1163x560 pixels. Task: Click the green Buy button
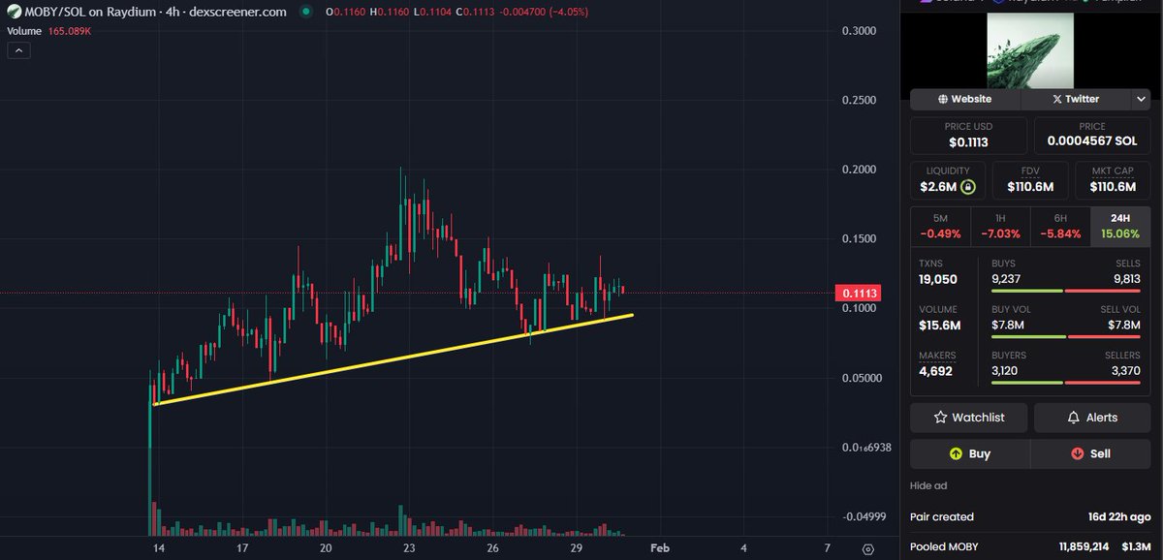point(969,453)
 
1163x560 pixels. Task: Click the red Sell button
point(1090,453)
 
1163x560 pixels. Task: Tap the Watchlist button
point(969,418)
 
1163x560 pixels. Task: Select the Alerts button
point(1091,418)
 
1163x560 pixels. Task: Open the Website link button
point(964,99)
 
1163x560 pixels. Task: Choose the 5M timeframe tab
point(940,227)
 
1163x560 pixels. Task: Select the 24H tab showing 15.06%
point(1120,227)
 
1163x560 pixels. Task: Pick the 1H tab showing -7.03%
point(1000,227)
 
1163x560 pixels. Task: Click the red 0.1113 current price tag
point(860,294)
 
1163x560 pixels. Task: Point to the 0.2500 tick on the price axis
point(858,100)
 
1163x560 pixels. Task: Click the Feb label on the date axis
point(660,547)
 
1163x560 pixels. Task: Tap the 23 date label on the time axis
point(410,547)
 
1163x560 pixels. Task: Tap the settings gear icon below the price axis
point(868,548)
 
